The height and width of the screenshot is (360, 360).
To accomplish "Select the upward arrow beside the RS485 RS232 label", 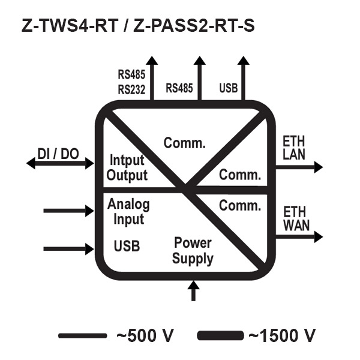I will tap(152, 78).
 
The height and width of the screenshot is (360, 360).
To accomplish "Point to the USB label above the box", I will tap(229, 89).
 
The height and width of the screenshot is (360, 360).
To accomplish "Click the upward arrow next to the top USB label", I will tap(244, 78).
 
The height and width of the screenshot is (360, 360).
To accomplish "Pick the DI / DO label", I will tap(58, 154).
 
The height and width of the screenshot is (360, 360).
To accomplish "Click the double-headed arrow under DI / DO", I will tap(60, 163).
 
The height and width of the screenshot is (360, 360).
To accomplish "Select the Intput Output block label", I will tap(127, 168).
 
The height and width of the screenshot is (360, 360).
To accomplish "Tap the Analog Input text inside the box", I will tap(128, 211).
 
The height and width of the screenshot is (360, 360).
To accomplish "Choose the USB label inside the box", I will tap(127, 247).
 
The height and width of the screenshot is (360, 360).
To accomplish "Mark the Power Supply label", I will tap(193, 251).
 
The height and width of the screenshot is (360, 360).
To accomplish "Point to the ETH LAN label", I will tap(294, 148).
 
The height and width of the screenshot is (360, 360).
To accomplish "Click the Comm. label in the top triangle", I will tap(185, 143).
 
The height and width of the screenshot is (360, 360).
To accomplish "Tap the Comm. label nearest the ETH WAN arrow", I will tap(240, 206).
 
